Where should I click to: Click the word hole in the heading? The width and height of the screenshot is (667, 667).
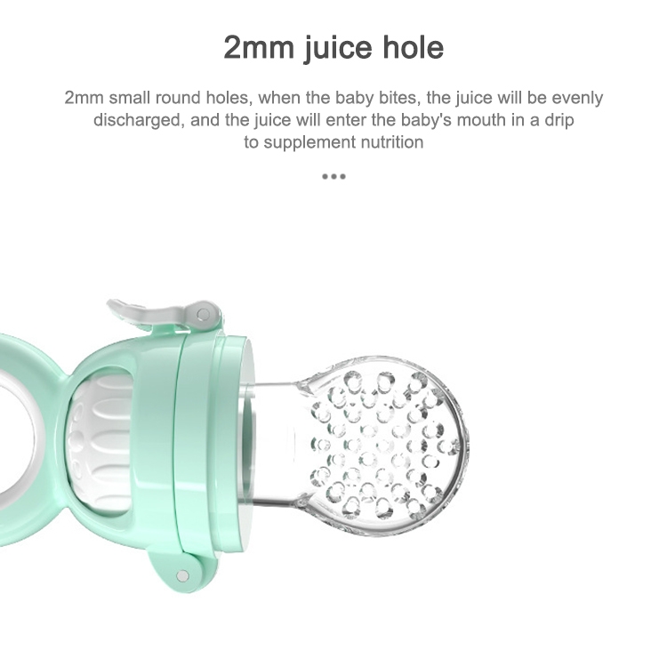coord(413,47)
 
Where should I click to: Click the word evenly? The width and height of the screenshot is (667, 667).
coord(577,98)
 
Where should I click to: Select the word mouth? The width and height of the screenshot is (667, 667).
coord(481,120)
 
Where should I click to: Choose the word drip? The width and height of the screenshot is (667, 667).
coord(559,121)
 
